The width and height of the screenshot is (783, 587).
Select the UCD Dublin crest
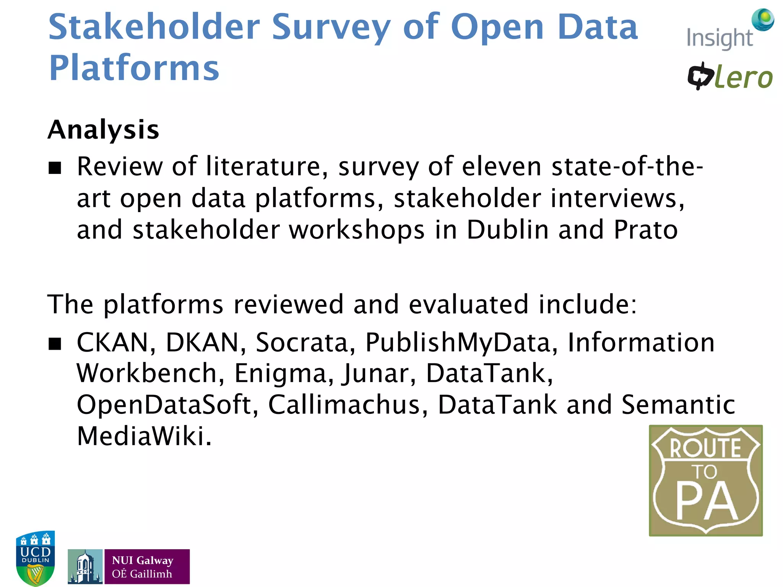(35, 558)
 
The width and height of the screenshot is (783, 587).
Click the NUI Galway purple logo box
(147, 566)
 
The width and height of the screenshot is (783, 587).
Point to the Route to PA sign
(705, 480)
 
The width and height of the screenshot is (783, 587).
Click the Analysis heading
(103, 130)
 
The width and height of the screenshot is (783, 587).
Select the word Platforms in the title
(134, 68)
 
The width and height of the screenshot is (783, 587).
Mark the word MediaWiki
(144, 436)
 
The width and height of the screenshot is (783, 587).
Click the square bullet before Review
(55, 168)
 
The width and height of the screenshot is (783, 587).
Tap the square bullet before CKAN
(55, 344)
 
